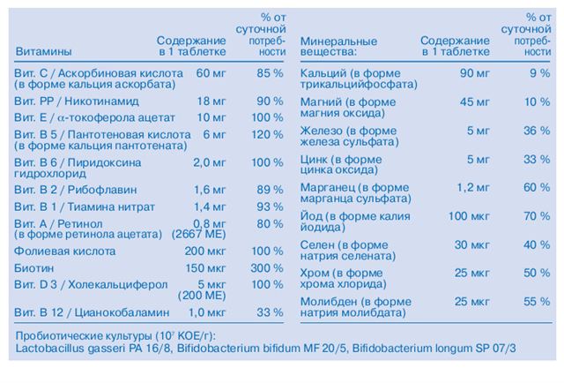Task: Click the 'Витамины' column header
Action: [x=43, y=51]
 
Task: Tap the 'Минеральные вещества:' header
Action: [x=338, y=47]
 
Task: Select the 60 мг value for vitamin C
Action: [x=211, y=73]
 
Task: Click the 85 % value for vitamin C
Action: [x=270, y=73]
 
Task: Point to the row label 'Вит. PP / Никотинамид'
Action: [x=77, y=101]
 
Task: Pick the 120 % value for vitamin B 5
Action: [x=267, y=135]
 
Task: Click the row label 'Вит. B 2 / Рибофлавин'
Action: [x=75, y=190]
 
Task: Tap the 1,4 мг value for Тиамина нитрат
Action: [x=210, y=207]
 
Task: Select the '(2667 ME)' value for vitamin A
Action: [x=198, y=235]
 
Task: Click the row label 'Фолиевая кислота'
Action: [x=64, y=252]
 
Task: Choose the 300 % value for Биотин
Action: [x=267, y=268]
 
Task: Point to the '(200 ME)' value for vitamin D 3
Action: [x=202, y=296]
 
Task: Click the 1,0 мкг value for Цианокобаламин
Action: [x=207, y=312]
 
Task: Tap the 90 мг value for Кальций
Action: [x=474, y=73]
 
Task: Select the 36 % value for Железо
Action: [x=537, y=131]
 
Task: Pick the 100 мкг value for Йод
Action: [x=469, y=216]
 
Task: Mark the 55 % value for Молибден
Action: [x=537, y=302]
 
